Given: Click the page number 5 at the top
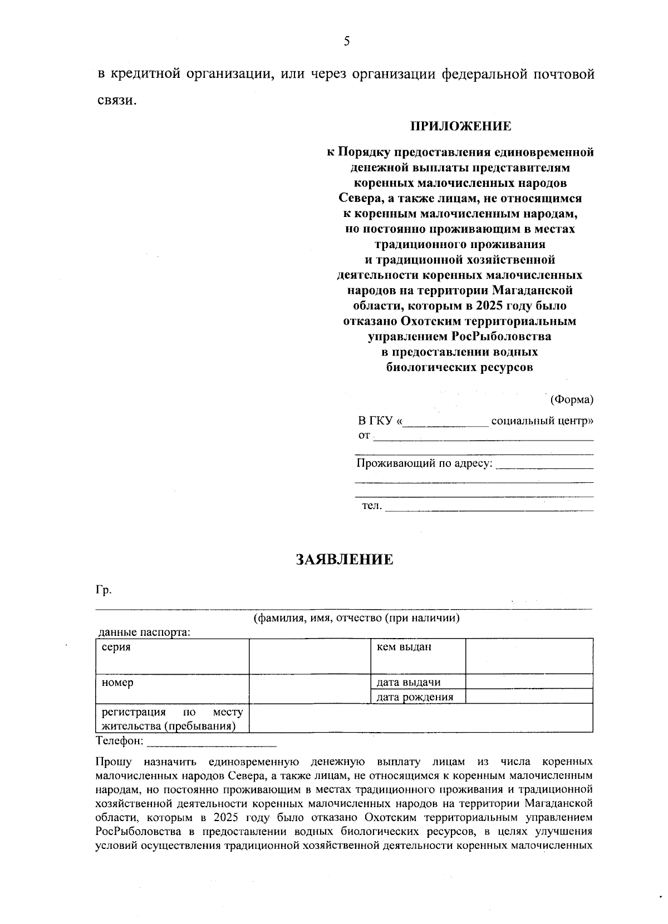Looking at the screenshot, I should [x=346, y=41].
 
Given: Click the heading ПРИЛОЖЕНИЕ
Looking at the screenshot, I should [x=460, y=127].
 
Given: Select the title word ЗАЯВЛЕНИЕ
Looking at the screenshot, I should [x=345, y=560].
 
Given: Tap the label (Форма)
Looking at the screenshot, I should [x=572, y=399].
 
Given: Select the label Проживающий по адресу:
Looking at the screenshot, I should [x=425, y=463].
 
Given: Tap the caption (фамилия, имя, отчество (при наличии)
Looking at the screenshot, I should [x=356, y=618].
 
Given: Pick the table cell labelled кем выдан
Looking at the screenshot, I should [x=417, y=656].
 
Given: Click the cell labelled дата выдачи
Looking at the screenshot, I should [x=417, y=682].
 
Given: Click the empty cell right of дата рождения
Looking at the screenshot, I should [x=529, y=696].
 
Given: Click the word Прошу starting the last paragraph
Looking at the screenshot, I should [x=114, y=762].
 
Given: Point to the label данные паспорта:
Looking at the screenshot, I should [x=144, y=633].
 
